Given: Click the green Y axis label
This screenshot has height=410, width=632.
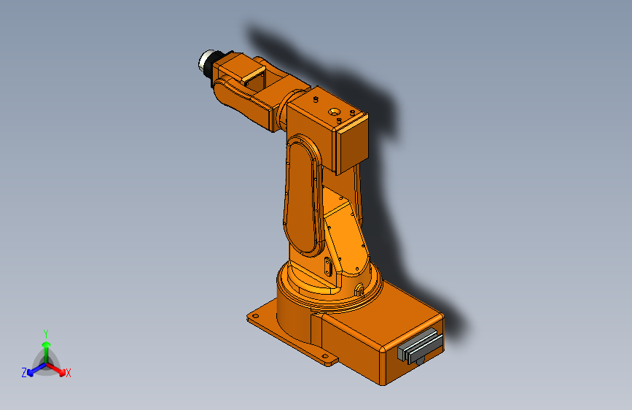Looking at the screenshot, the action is (x=46, y=333).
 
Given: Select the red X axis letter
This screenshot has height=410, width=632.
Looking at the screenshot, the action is (x=68, y=373).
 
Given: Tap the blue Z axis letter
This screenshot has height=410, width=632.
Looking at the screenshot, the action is (x=24, y=373).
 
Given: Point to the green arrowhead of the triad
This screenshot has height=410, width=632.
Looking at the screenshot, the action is (x=47, y=344).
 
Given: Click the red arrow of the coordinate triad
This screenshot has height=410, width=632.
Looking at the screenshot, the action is (x=56, y=369).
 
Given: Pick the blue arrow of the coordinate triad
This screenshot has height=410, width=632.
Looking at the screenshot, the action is (x=36, y=369).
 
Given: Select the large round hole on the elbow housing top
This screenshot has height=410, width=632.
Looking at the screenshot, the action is (x=334, y=112).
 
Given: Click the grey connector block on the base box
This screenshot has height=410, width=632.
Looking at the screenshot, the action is (x=420, y=346).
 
